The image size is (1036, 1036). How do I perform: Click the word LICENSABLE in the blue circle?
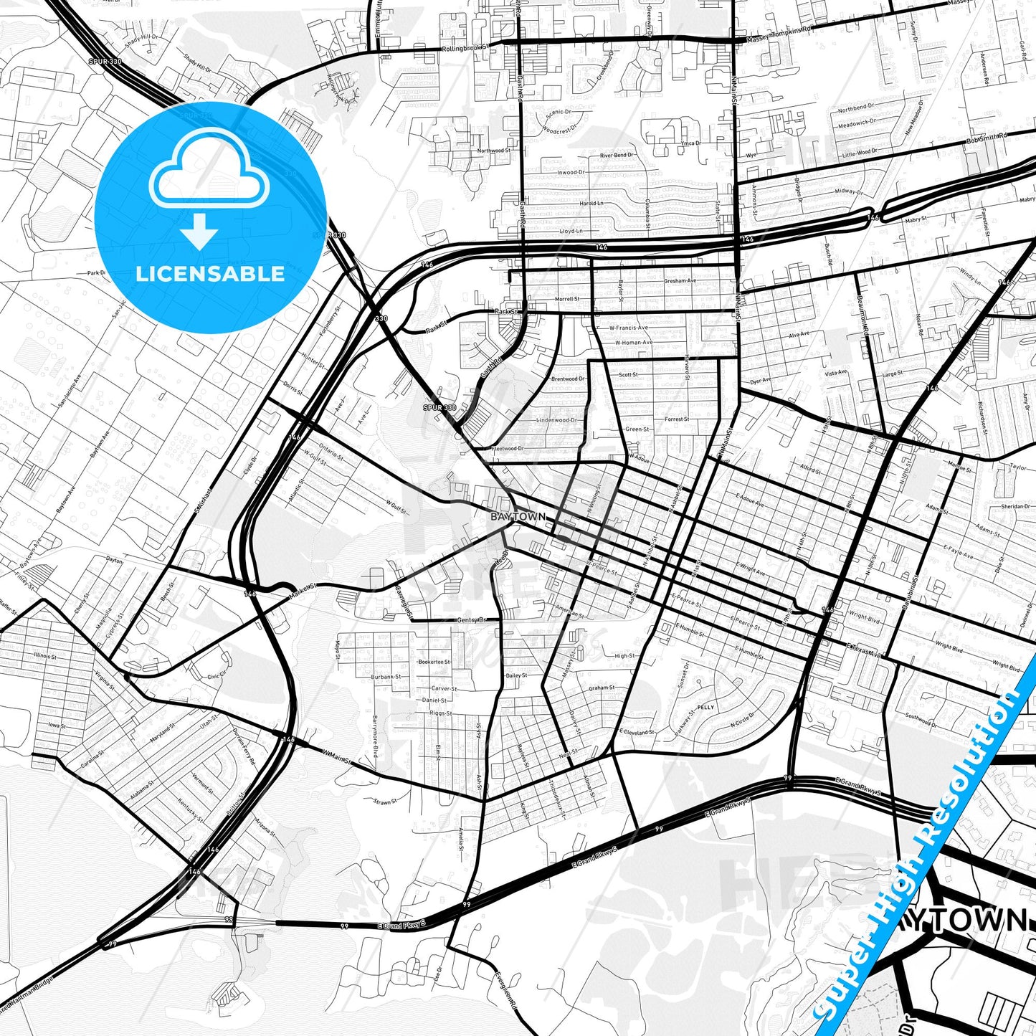click(210, 274)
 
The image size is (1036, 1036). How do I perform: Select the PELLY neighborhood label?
click(705, 707)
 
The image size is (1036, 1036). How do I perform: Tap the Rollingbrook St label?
click(465, 48)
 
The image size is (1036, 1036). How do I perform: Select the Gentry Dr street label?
click(471, 619)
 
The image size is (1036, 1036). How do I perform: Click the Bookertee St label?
click(434, 662)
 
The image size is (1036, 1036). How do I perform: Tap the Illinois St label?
click(64, 655)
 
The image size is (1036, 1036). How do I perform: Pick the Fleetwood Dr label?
click(508, 449)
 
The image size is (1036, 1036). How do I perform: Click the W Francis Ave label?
click(628, 328)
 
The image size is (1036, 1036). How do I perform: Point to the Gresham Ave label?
click(680, 280)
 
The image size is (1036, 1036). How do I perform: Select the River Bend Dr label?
click(616, 155)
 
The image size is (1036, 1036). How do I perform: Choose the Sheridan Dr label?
click(1015, 506)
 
